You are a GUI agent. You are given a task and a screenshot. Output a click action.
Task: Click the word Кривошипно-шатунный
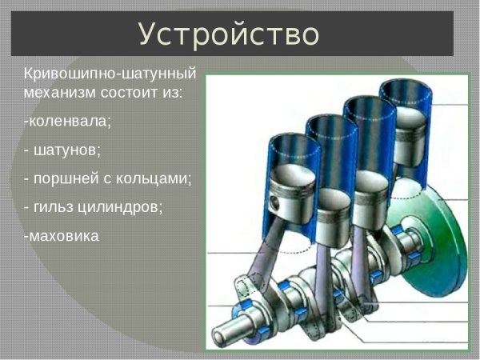[110, 72]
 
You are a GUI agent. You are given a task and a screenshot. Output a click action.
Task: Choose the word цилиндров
[121, 206]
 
